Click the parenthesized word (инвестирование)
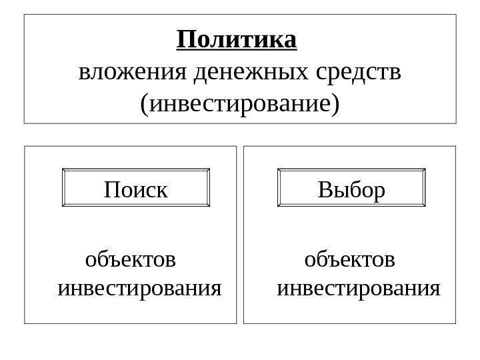click(x=239, y=103)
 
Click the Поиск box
click(x=136, y=190)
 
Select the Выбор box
click(x=351, y=190)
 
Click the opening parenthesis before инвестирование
click(x=145, y=104)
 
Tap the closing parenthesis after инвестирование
click(x=335, y=104)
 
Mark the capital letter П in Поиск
click(x=111, y=191)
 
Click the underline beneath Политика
click(x=237, y=51)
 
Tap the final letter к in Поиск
click(x=161, y=192)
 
